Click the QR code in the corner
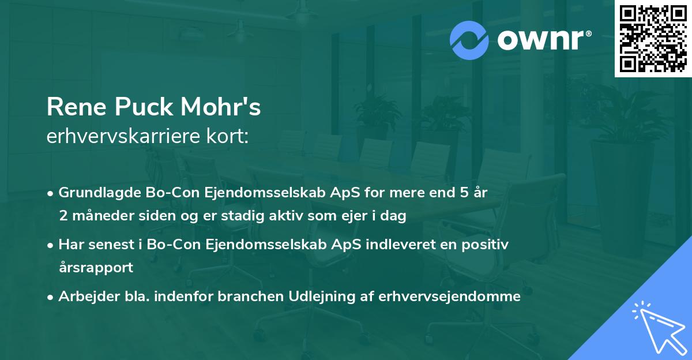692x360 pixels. [653, 39]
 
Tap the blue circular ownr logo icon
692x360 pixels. [469, 40]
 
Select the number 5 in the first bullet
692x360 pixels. [463, 193]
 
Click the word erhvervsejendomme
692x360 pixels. [450, 297]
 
